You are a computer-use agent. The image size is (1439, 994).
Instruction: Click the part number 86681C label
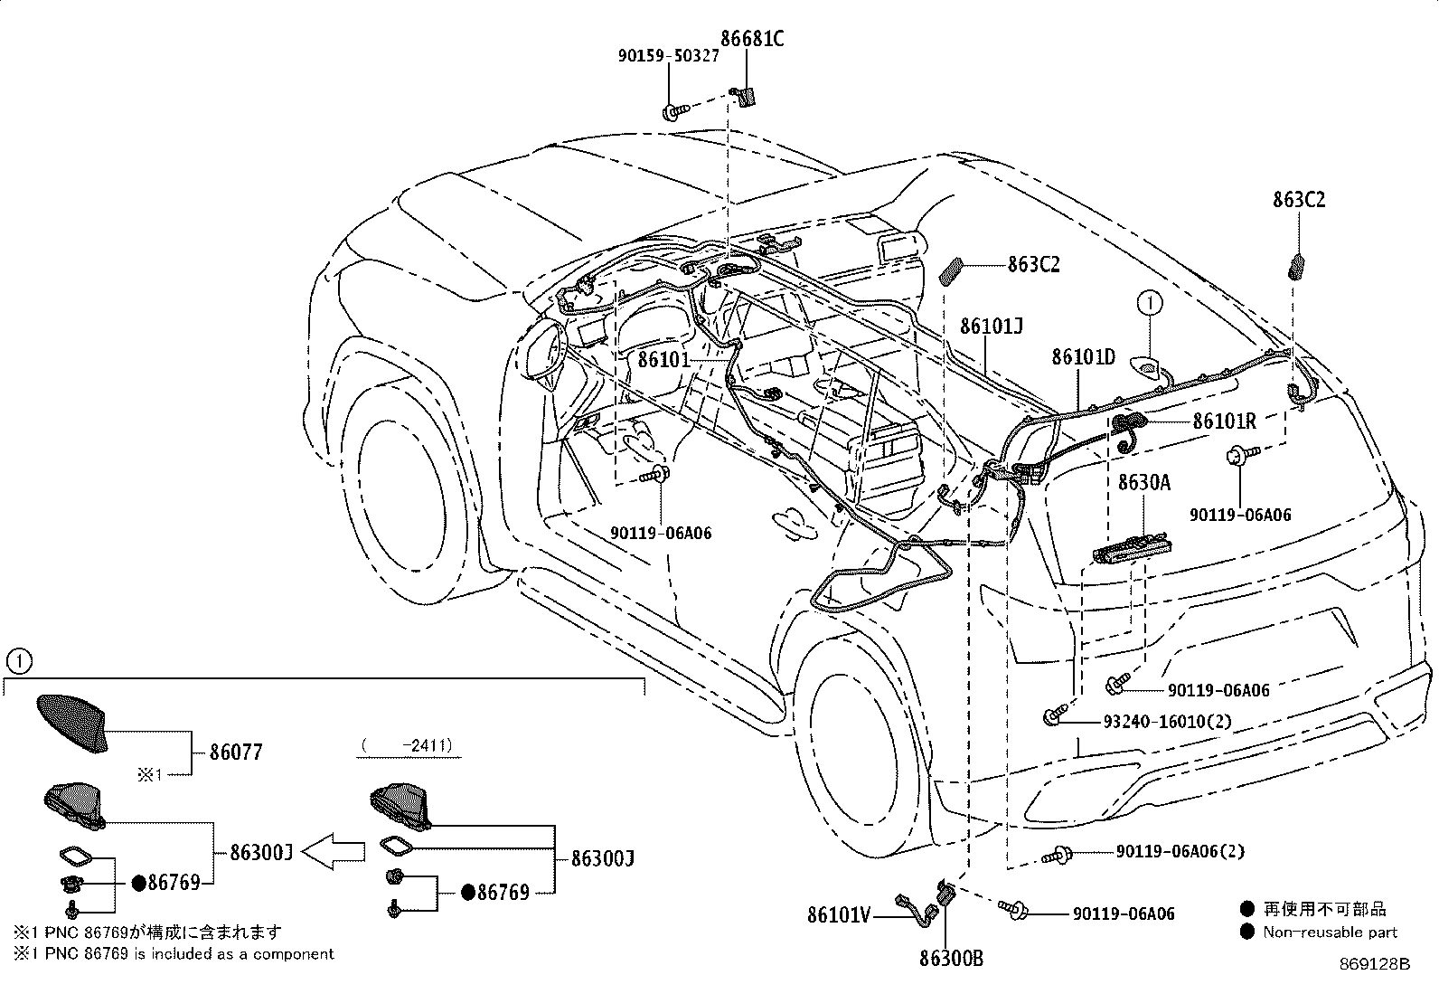(751, 38)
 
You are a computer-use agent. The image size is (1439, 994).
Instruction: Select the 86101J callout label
(991, 327)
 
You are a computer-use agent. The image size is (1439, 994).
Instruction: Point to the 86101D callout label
(1083, 356)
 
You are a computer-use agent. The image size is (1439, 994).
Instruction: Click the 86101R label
(1224, 421)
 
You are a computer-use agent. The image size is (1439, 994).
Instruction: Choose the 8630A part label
(1143, 483)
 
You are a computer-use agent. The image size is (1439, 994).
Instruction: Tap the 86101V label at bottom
(838, 915)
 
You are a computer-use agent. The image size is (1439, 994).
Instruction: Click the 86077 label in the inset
(236, 752)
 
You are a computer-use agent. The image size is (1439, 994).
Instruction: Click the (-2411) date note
(407, 746)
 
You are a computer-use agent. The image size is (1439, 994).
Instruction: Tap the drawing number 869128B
(1374, 964)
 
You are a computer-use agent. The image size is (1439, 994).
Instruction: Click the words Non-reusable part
(1330, 932)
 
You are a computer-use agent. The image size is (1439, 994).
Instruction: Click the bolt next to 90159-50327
(672, 112)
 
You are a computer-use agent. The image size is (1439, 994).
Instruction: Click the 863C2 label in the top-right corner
(1299, 200)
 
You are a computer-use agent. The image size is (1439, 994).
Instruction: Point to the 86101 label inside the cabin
(663, 359)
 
